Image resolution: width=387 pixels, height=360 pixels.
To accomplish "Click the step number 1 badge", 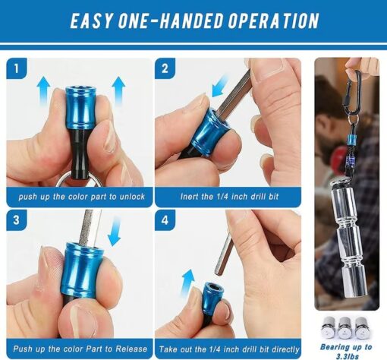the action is pyautogui.click(x=17, y=68).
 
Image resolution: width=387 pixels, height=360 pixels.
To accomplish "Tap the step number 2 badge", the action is pyautogui.click(x=165, y=68).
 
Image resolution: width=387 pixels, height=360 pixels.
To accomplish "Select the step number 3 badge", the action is pyautogui.click(x=17, y=220).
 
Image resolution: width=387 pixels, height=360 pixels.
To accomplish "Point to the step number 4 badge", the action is pyautogui.click(x=165, y=220).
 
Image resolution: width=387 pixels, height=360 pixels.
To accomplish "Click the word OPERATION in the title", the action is pyautogui.click(x=273, y=21).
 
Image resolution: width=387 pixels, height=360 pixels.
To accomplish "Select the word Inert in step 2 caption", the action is pyautogui.click(x=189, y=197).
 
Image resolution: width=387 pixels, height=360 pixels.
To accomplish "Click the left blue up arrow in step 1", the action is pyautogui.click(x=43, y=90).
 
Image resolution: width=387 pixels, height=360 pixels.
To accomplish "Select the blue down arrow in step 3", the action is pyautogui.click(x=115, y=232).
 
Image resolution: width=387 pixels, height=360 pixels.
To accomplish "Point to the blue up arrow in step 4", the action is pyautogui.click(x=187, y=283).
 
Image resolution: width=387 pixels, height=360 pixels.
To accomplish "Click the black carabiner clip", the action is pyautogui.click(x=351, y=93).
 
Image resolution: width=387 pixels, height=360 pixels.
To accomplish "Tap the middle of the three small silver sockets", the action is pyautogui.click(x=345, y=328).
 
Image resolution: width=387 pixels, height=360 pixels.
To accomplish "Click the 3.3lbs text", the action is pyautogui.click(x=348, y=356).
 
